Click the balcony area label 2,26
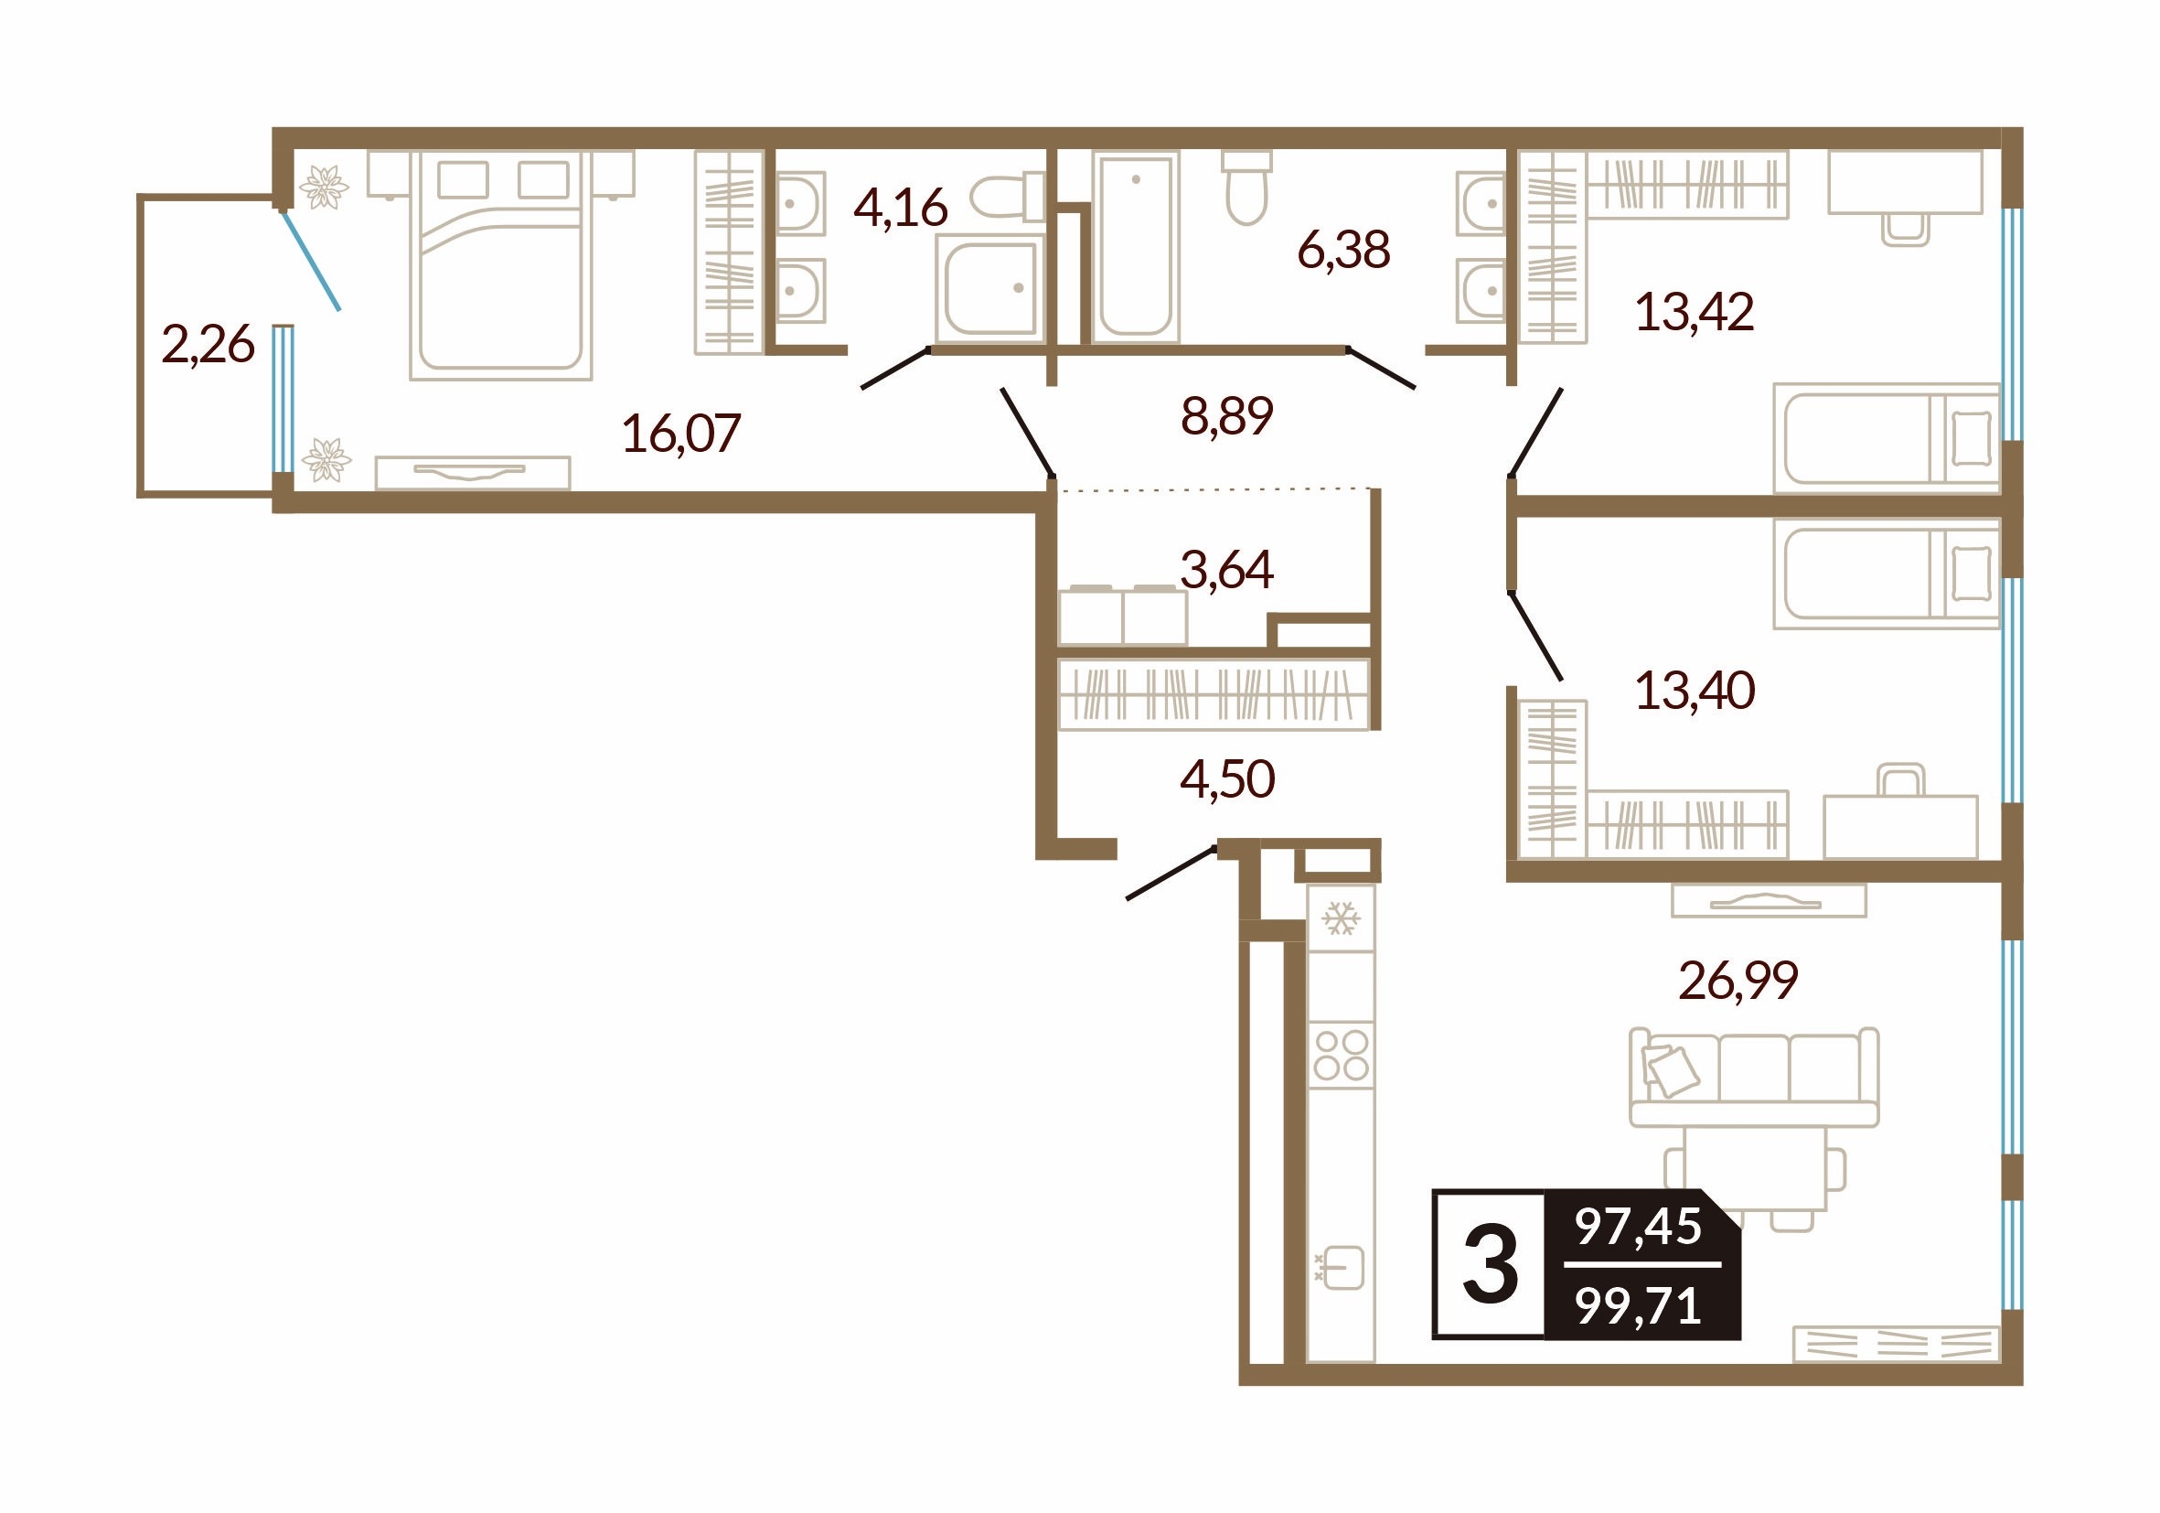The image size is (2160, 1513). coord(208,344)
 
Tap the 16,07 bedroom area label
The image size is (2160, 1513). coord(681,434)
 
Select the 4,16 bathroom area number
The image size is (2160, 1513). coord(901,208)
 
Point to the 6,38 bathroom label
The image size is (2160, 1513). coord(1343,251)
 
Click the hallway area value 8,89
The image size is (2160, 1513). coord(1226,416)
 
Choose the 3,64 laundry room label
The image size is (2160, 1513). coord(1226,569)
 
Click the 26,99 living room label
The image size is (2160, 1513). coord(1738,981)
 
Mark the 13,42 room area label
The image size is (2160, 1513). coord(1695,312)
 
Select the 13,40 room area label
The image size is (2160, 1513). coord(1695,691)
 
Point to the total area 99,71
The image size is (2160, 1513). coord(1639,1306)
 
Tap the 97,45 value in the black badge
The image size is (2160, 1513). coord(1639,1227)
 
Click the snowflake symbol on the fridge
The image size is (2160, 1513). coord(1341,918)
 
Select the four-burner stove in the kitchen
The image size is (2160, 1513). coord(1341,1054)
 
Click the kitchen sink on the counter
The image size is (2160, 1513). coord(1340,1269)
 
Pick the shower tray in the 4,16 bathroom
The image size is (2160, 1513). coord(989,289)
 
